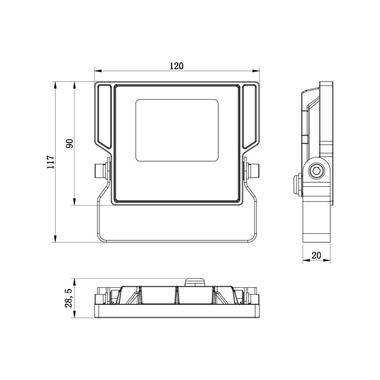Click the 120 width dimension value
pos(176,66)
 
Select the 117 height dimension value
pos(51,162)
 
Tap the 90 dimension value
pos(69,144)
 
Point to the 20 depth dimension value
pos(316,255)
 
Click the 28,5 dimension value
pos(68,298)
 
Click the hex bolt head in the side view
pos(316,171)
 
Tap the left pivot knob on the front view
pos(100,171)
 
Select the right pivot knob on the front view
pos(254,171)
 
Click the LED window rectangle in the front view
pos(177,130)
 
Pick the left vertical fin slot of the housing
pos(104,116)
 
